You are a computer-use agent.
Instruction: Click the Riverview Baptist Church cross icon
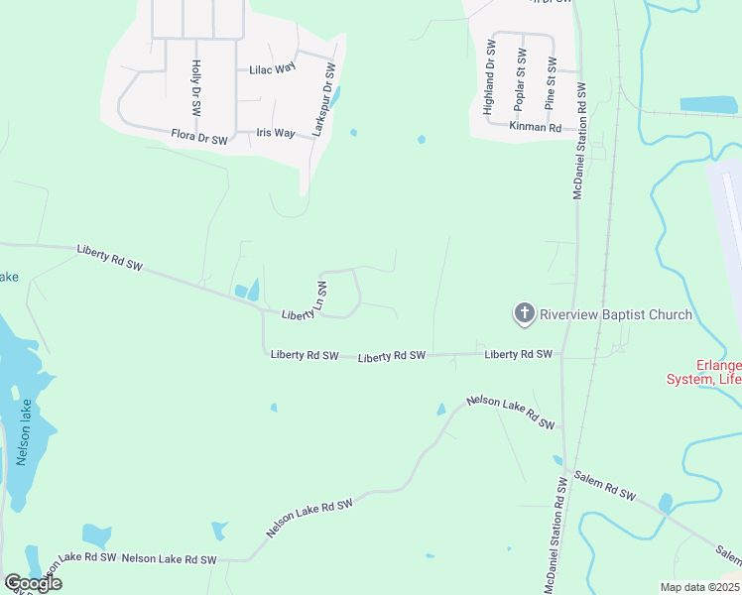click(524, 314)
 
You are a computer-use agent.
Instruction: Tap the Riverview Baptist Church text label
click(615, 315)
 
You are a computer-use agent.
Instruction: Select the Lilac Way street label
click(273, 69)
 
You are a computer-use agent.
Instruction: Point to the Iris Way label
click(276, 133)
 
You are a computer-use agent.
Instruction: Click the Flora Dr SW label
click(199, 136)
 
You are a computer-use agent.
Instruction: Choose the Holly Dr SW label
click(196, 86)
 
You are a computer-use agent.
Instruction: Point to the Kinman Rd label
click(536, 128)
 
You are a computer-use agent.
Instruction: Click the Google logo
click(33, 583)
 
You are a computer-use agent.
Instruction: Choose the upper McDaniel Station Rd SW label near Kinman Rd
click(582, 141)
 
